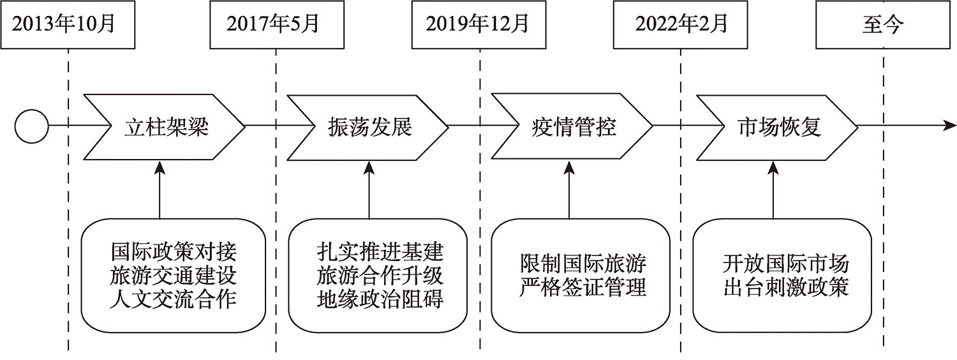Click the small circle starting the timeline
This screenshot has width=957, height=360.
tap(31, 126)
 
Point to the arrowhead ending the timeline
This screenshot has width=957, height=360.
tap(949, 126)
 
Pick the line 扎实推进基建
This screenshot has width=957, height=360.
tap(379, 250)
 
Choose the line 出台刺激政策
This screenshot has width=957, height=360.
tap(786, 287)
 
